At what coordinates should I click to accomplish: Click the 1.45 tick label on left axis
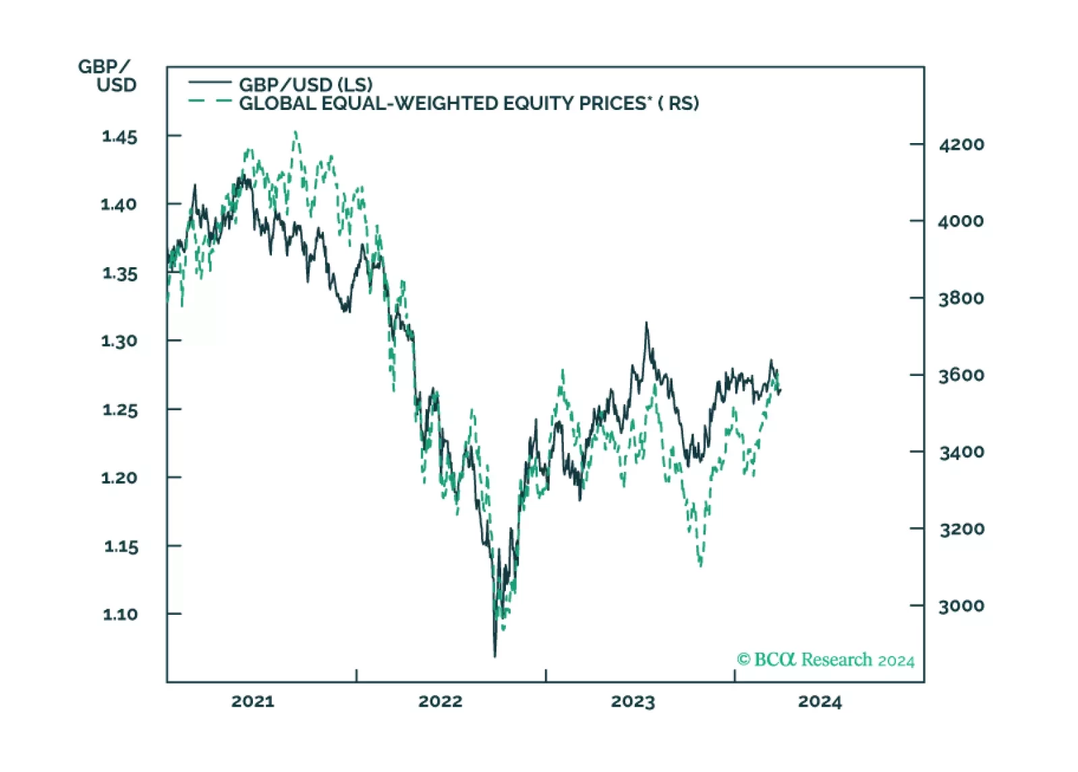(x=119, y=137)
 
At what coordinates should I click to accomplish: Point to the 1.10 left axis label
(x=120, y=614)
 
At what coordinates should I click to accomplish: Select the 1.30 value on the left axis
(x=119, y=341)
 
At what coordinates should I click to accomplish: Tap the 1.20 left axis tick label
(x=119, y=478)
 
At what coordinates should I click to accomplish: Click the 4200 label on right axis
(x=961, y=144)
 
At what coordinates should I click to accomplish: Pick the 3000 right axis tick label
(x=961, y=606)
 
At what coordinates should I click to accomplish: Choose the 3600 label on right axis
(x=961, y=375)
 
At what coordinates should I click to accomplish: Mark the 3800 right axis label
(x=961, y=298)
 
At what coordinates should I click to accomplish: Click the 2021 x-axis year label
(x=253, y=701)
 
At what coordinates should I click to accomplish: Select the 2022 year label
(x=441, y=701)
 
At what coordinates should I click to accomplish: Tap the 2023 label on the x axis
(x=633, y=701)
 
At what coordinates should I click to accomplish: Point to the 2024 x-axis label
(x=820, y=701)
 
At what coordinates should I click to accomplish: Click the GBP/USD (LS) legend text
(x=306, y=84)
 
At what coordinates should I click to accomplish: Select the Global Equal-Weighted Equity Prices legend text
(x=469, y=103)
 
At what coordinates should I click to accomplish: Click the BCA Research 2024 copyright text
(x=826, y=659)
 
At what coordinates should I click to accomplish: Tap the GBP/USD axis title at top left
(x=108, y=76)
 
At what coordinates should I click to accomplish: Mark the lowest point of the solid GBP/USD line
(x=494, y=655)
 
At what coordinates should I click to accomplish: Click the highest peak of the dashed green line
(x=295, y=132)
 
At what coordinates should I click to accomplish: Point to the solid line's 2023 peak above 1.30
(x=646, y=323)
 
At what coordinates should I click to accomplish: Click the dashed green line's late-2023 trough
(x=701, y=565)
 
